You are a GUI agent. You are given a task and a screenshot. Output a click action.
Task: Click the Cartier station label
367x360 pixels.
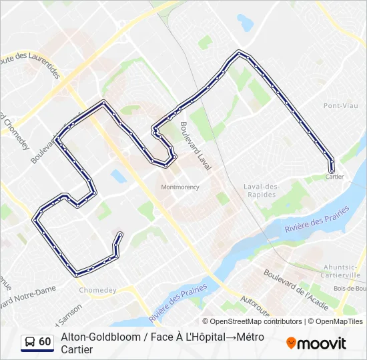click(335, 177)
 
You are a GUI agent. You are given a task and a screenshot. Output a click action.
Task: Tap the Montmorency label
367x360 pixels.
click(180, 187)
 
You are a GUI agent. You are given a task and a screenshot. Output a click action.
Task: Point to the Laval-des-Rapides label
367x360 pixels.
click(260, 190)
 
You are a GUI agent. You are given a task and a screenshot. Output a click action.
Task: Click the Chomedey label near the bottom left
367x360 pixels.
click(97, 290)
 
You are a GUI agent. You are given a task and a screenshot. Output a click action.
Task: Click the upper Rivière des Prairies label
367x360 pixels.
click(317, 219)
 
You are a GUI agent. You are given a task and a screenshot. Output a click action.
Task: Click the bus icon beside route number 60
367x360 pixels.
click(30, 342)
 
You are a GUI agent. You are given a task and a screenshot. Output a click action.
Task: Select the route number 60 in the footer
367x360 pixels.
click(45, 342)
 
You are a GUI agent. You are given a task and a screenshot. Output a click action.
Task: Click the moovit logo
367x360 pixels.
click(316, 343)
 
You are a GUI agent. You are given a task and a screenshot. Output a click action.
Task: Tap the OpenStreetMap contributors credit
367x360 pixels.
click(252, 321)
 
